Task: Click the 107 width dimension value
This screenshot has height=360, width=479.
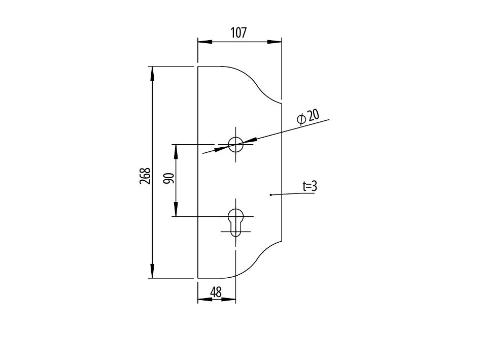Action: tap(238, 32)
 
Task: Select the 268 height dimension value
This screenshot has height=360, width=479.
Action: tap(145, 176)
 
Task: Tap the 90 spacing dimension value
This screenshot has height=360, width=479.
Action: tap(168, 178)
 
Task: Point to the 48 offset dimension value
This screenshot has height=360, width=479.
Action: tap(216, 292)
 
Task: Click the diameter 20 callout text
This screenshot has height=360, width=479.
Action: tap(308, 117)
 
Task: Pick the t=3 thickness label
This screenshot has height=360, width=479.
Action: tap(310, 186)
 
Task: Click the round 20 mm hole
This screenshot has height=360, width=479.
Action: tap(235, 144)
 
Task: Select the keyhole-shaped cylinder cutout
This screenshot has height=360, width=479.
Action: tap(235, 222)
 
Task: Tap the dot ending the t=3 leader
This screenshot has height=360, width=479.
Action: tap(270, 194)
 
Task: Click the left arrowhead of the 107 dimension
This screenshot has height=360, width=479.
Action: tap(204, 42)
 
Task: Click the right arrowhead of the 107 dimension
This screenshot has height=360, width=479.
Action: tap(275, 42)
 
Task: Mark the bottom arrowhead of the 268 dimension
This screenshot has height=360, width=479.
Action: tap(152, 271)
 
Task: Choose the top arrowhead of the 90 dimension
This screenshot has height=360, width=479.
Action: tap(176, 151)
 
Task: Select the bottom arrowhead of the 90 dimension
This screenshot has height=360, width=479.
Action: tap(176, 209)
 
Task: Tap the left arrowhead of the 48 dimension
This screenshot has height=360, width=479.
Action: tap(205, 300)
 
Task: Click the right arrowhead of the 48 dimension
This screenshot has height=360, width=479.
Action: tap(228, 300)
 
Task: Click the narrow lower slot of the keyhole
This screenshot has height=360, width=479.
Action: tap(235, 230)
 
